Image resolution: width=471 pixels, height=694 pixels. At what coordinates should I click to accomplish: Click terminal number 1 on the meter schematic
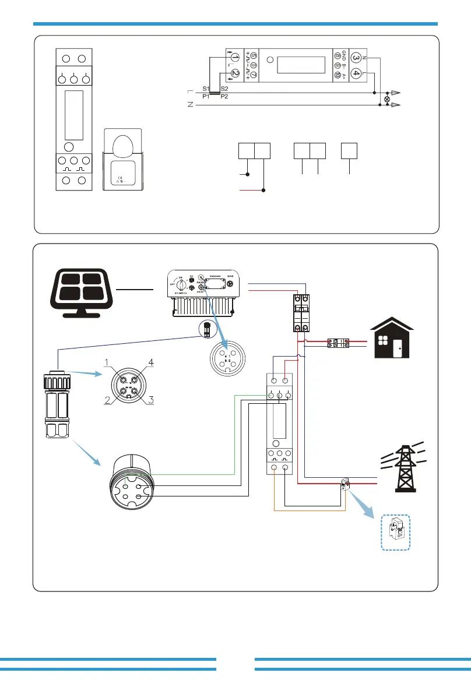(234, 57)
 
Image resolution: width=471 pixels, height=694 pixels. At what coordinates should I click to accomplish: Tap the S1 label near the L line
(206, 88)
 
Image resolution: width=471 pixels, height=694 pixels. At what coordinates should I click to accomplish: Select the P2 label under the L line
(224, 97)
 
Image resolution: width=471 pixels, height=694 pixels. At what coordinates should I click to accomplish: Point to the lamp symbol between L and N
(385, 99)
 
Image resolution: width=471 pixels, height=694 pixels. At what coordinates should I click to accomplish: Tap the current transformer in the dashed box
(396, 532)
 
